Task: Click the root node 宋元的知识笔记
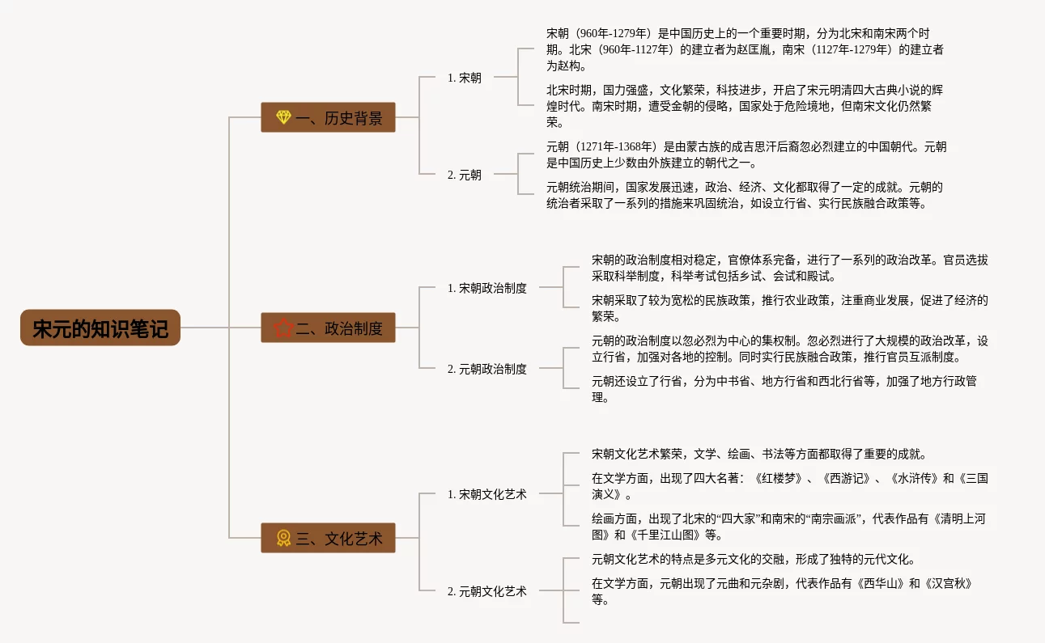(100, 328)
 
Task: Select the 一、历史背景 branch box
(328, 117)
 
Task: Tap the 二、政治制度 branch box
(328, 328)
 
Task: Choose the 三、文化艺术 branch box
(328, 538)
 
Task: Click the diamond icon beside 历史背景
(283, 117)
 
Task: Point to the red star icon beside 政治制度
(283, 328)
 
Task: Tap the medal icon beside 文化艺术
(283, 538)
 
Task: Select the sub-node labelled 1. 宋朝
(464, 78)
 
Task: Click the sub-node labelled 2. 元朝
(464, 175)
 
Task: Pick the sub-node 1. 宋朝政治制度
(486, 287)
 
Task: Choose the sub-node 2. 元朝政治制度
(486, 369)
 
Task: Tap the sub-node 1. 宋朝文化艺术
(486, 494)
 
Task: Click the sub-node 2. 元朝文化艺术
(486, 591)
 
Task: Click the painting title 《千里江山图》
(661, 535)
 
